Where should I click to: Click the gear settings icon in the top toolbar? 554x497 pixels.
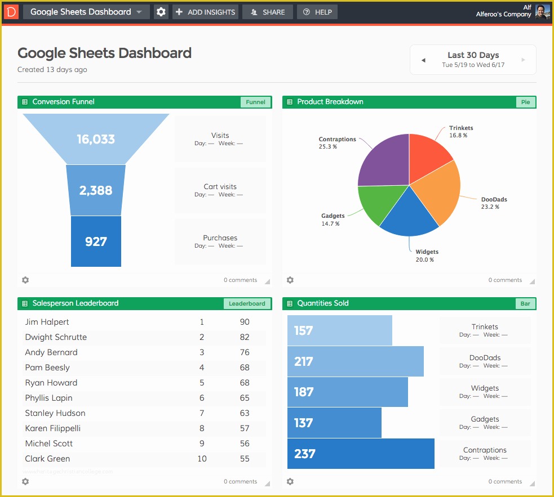161,12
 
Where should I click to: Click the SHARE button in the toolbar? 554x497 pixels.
267,12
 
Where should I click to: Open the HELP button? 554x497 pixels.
317,12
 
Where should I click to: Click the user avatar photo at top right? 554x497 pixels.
542,12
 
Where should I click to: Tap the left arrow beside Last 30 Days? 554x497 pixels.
423,60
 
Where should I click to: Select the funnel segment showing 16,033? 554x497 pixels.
96,139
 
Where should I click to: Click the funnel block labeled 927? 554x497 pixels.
96,241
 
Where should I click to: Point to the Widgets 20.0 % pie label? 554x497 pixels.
426,256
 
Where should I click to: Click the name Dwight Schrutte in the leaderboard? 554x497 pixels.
56,337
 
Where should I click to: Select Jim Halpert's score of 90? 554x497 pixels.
244,322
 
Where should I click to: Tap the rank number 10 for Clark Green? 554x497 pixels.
202,459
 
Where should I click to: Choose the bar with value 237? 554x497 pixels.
361,454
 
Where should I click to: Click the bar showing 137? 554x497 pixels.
334,423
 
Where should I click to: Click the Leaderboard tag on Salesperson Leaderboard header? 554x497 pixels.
247,303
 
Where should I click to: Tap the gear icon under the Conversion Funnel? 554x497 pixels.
25,280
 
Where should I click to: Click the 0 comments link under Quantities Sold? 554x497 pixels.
505,481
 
